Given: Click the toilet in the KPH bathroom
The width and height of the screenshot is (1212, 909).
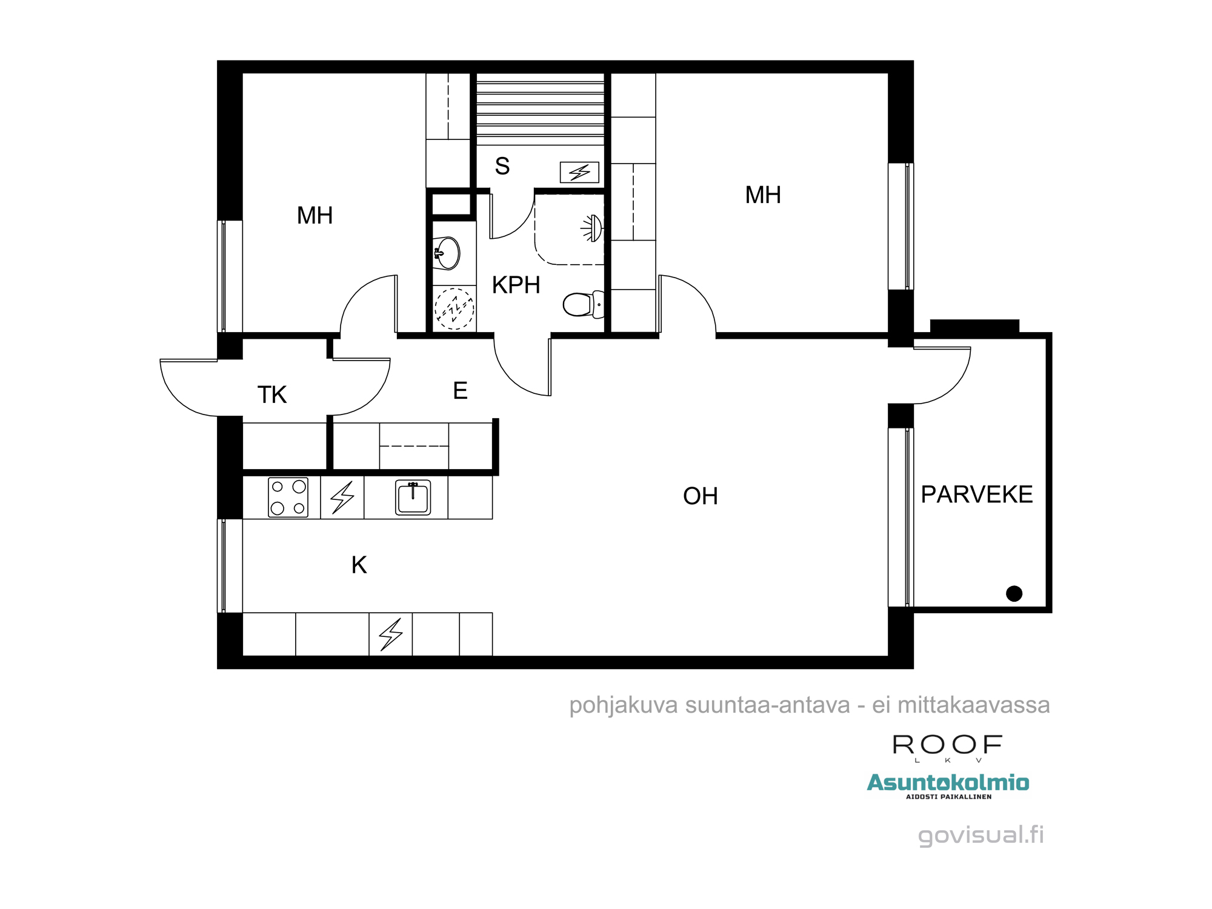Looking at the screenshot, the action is coord(584,304).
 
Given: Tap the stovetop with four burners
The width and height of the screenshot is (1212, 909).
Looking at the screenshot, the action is coord(288,498).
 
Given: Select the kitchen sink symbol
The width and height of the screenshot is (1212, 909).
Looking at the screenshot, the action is coord(413,498).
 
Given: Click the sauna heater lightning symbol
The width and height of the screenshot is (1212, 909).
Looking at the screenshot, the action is coord(579,173).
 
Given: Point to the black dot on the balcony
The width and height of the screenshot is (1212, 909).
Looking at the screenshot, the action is coord(1014,593).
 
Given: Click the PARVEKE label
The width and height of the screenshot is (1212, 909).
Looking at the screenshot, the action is coord(976,494).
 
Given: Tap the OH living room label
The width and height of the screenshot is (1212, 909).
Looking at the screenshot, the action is coord(700,496).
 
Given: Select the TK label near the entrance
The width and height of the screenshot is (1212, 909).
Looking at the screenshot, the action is coord(271,395).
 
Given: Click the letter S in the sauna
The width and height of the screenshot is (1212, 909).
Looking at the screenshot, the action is coord(502,165).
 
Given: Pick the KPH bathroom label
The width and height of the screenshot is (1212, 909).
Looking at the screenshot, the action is coord(516,285).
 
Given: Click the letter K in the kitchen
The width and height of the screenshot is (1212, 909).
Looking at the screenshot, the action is coord(359,565).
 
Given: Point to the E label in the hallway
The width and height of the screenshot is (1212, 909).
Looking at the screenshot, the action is coord(460,390).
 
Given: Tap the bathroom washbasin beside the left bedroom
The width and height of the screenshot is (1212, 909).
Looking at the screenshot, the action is coord(447,253).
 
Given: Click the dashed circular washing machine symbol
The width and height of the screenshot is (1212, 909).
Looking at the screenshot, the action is coord(454,308).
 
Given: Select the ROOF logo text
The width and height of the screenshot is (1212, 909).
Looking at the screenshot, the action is coord(948,745).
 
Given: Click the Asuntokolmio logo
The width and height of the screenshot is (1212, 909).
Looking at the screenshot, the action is coord(948,785).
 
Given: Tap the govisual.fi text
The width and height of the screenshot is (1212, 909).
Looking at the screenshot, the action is coord(981,834).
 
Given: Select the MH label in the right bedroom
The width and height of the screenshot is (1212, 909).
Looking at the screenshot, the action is coord(763,195).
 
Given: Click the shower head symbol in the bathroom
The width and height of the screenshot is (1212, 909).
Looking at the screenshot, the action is coord(592,228).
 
